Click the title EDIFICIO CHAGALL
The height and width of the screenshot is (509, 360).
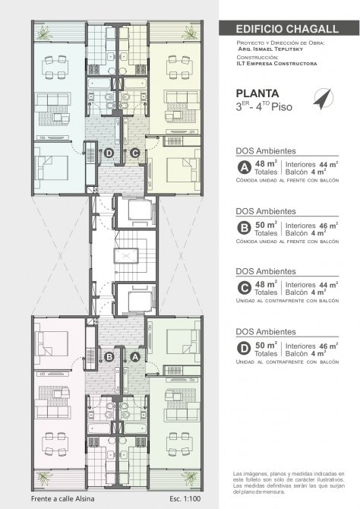click(x=287, y=29)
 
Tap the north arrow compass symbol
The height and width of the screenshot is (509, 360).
click(x=324, y=99)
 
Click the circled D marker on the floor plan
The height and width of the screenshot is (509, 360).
click(x=109, y=153)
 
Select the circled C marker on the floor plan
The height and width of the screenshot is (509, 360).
click(x=134, y=153)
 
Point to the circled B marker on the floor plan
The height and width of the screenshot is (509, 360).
click(x=109, y=357)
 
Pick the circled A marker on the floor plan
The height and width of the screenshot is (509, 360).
click(x=135, y=357)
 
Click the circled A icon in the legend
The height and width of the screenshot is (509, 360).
click(x=244, y=168)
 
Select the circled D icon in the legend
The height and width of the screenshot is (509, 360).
click(x=244, y=349)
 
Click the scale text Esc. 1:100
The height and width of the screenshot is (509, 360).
click(x=185, y=498)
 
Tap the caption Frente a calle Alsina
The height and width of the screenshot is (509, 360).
click(x=62, y=498)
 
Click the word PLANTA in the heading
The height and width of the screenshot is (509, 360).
click(x=257, y=93)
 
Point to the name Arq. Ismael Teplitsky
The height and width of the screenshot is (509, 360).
click(x=270, y=49)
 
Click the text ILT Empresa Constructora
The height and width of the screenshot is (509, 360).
click(x=276, y=64)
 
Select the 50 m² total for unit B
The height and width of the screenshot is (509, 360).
click(x=266, y=225)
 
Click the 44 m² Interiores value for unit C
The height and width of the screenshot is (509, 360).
click(x=328, y=285)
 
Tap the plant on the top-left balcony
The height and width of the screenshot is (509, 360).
click(x=43, y=32)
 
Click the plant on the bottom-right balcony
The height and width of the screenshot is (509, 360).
click(x=191, y=478)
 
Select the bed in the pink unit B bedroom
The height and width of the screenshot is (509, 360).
click(x=52, y=343)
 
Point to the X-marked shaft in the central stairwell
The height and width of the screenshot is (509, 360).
click(x=126, y=256)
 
